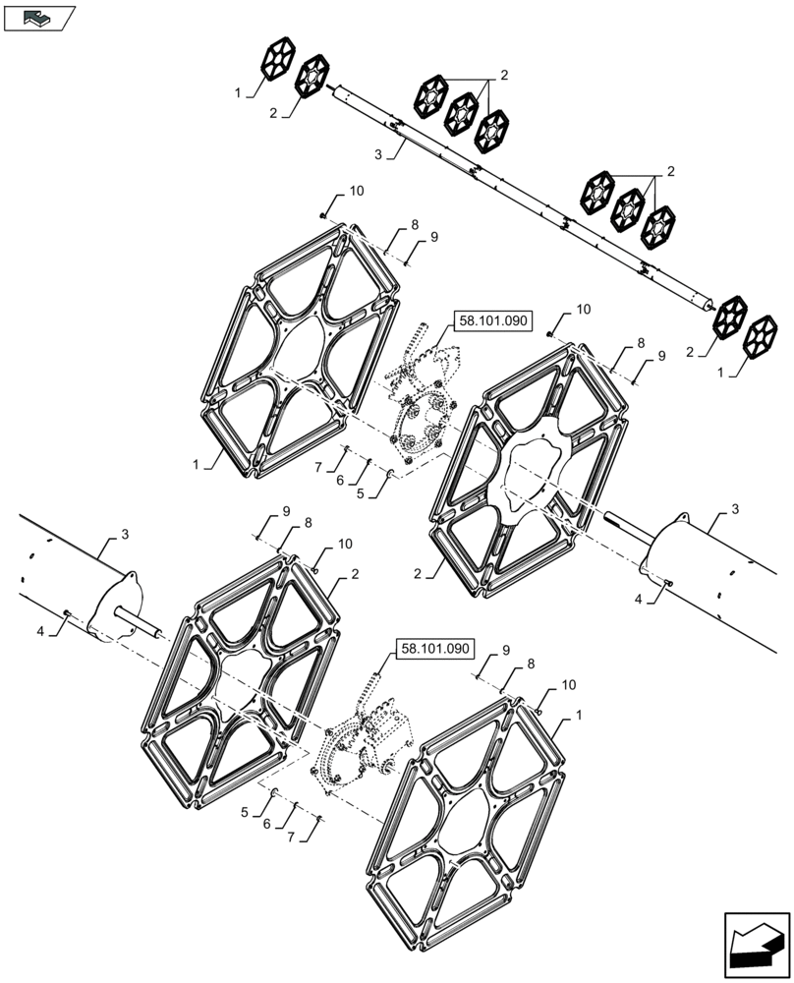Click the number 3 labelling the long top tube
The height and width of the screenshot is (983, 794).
[x=377, y=154]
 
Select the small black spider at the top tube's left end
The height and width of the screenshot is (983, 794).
[x=279, y=62]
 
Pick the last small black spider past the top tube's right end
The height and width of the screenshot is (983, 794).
[x=762, y=336]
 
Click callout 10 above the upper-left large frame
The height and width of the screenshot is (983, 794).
[x=356, y=191]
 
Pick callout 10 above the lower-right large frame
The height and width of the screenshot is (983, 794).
[x=569, y=684]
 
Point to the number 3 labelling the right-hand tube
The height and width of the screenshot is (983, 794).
[x=735, y=509]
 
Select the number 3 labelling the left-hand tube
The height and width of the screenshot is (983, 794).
[x=125, y=534]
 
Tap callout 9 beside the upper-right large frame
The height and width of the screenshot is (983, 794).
[x=661, y=355]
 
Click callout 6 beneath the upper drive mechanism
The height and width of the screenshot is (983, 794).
[x=340, y=481]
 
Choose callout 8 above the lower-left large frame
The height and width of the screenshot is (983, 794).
[x=307, y=524]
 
